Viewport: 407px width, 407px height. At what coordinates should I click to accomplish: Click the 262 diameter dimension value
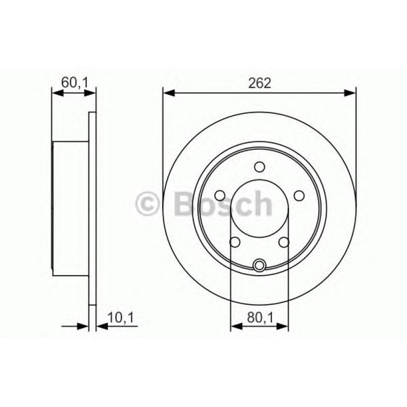(x=259, y=82)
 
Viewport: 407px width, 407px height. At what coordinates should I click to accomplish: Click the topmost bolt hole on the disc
(x=259, y=167)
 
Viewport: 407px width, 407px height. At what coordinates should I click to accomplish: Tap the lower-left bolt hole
(x=235, y=242)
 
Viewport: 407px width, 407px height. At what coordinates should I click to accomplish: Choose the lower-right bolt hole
(x=284, y=242)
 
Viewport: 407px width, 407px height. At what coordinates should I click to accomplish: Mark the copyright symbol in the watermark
(x=149, y=204)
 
